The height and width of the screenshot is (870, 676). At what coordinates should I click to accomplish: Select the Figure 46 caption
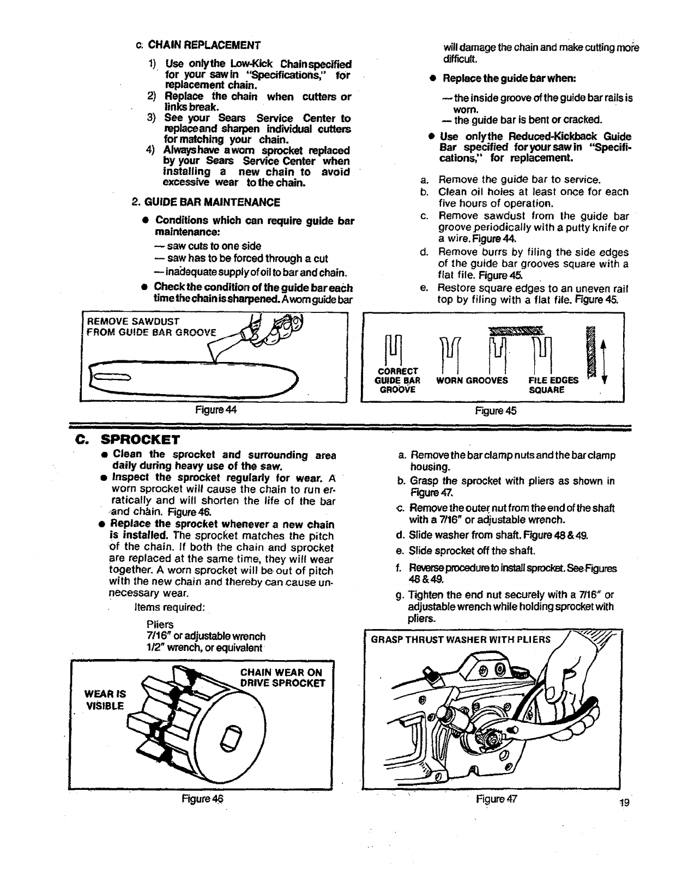tap(203, 799)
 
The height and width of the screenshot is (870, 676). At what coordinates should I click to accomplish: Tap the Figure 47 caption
tap(496, 799)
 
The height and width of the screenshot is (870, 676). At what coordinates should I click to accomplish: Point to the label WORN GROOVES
tap(472, 380)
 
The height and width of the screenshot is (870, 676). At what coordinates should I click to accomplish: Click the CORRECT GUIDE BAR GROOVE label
tap(399, 380)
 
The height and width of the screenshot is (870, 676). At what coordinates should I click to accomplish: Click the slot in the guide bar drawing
tap(111, 375)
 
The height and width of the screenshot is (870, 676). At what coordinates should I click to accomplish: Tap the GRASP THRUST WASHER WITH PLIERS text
tap(461, 639)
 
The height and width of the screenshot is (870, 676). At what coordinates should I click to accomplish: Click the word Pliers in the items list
tap(160, 624)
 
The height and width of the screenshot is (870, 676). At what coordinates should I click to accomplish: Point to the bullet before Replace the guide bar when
tap(431, 78)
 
